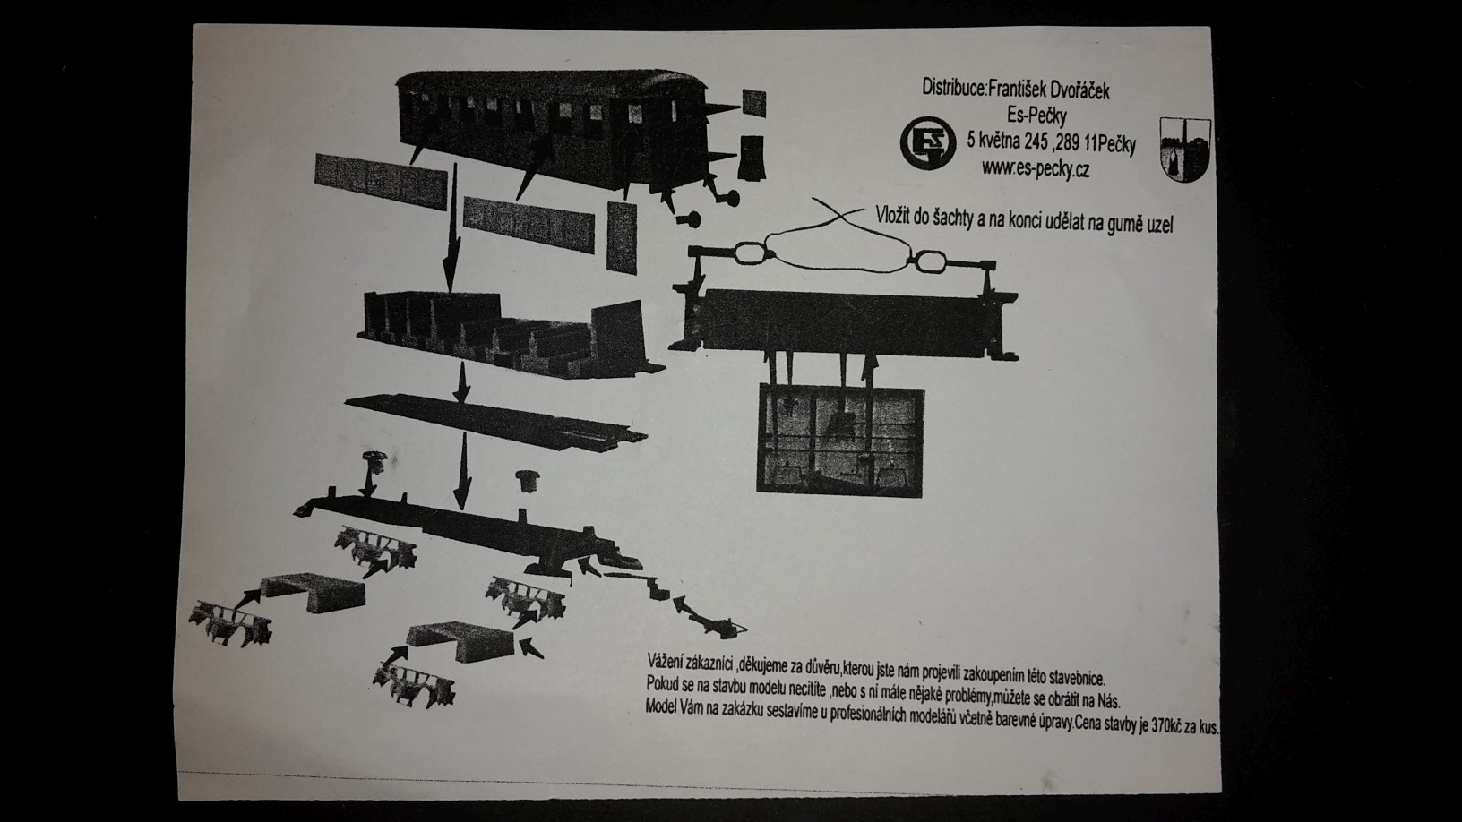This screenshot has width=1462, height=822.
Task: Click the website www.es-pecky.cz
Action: click(x=1036, y=169)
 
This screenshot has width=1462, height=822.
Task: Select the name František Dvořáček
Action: click(x=1049, y=90)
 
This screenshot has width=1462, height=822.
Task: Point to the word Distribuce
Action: click(x=952, y=88)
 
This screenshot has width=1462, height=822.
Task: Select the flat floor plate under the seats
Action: click(x=495, y=422)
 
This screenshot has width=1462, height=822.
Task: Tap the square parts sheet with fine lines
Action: click(x=840, y=441)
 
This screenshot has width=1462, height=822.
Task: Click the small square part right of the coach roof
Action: click(x=754, y=103)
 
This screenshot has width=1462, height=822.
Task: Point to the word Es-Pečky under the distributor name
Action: click(x=1036, y=116)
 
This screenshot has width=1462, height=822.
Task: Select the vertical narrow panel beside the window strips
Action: click(x=622, y=236)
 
